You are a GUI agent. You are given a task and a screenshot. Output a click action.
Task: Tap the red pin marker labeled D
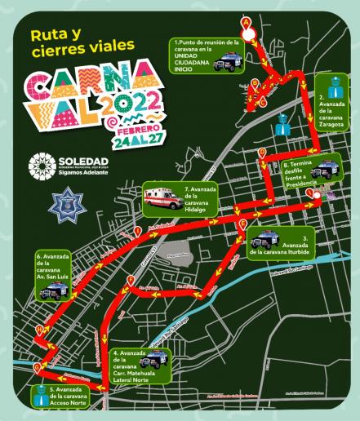tap(262, 153)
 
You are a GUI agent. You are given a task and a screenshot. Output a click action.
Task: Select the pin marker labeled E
tap(242, 223)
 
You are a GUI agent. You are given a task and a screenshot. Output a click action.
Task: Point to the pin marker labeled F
tap(131, 282)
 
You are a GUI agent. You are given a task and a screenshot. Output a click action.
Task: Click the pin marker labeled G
tap(36, 369)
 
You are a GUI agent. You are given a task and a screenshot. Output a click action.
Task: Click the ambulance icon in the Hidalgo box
tap(158, 197)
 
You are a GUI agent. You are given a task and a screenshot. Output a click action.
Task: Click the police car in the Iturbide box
tap(264, 241)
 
